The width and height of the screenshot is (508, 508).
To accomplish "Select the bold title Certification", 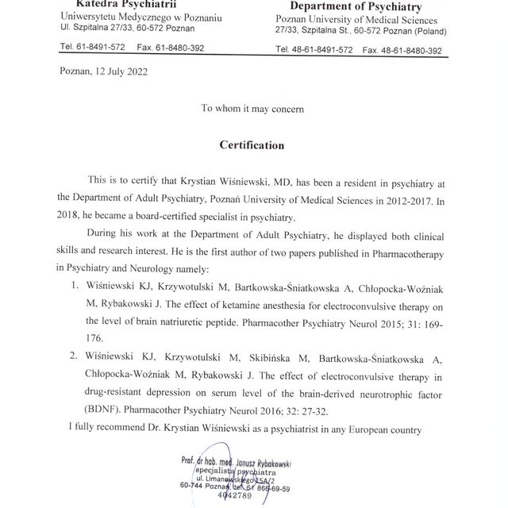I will pyautogui.click(x=252, y=145).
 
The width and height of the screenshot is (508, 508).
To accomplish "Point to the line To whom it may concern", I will pyautogui.click(x=252, y=108).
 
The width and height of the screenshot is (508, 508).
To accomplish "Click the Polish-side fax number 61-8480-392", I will pyautogui.click(x=180, y=48).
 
